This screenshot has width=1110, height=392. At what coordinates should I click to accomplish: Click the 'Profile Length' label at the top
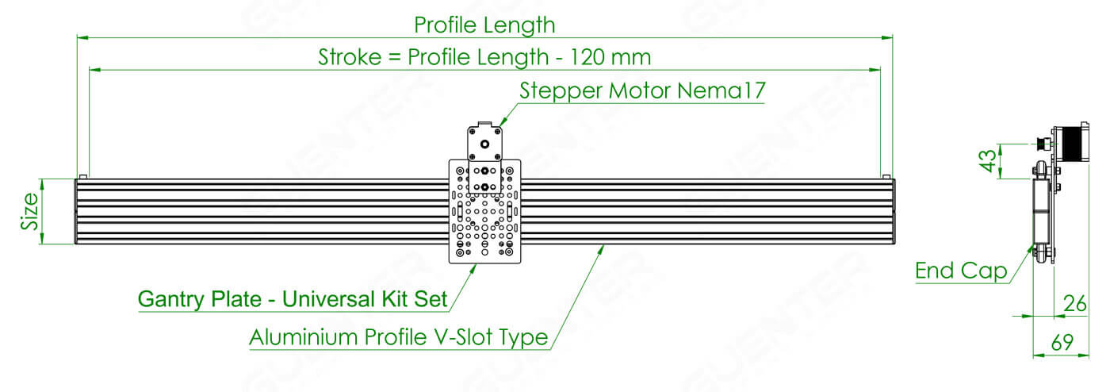coord(484,25)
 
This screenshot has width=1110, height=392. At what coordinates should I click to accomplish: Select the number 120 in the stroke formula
coord(588,57)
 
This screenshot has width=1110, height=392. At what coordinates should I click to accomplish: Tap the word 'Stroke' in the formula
coord(350,57)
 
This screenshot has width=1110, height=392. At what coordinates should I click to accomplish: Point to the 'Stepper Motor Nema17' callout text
coord(642,90)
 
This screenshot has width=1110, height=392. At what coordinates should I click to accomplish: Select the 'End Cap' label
coord(961,271)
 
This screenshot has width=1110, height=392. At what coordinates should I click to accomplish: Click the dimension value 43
coord(988,160)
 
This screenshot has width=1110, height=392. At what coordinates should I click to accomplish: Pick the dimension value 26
coord(1075,303)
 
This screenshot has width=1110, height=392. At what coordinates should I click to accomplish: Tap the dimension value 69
coord(1062,342)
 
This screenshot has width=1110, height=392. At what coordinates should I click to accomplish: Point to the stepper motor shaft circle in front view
coord(484,144)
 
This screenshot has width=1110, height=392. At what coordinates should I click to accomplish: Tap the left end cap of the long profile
coord(76,211)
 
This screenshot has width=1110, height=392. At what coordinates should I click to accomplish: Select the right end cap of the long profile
coord(893,211)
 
